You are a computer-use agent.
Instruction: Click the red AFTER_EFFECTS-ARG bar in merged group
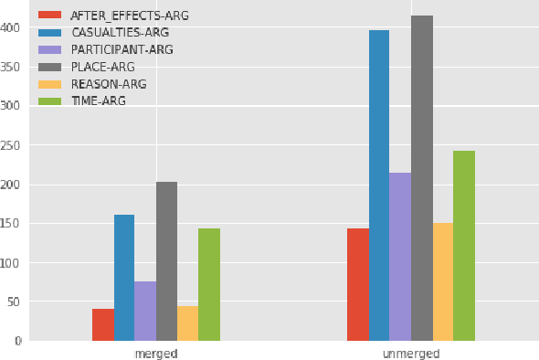(x=102, y=324)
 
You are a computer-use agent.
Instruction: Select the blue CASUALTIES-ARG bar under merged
(x=124, y=278)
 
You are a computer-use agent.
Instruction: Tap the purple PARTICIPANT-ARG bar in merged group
(x=145, y=311)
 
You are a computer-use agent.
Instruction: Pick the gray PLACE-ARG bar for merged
(x=166, y=261)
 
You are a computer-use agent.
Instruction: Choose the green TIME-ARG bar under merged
(x=208, y=284)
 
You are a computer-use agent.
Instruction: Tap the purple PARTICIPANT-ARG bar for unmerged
(x=399, y=257)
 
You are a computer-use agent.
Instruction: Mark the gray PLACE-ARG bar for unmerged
(x=421, y=178)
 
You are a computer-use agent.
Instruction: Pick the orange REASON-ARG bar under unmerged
(x=442, y=281)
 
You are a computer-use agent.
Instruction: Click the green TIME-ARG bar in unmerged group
(x=463, y=246)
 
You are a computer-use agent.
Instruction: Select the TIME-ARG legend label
(x=98, y=101)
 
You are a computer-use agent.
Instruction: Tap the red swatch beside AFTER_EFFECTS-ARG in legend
(x=50, y=16)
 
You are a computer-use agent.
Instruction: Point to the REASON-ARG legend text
(x=108, y=84)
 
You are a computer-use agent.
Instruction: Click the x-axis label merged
(x=156, y=353)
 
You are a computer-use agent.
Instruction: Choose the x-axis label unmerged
(x=410, y=353)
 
